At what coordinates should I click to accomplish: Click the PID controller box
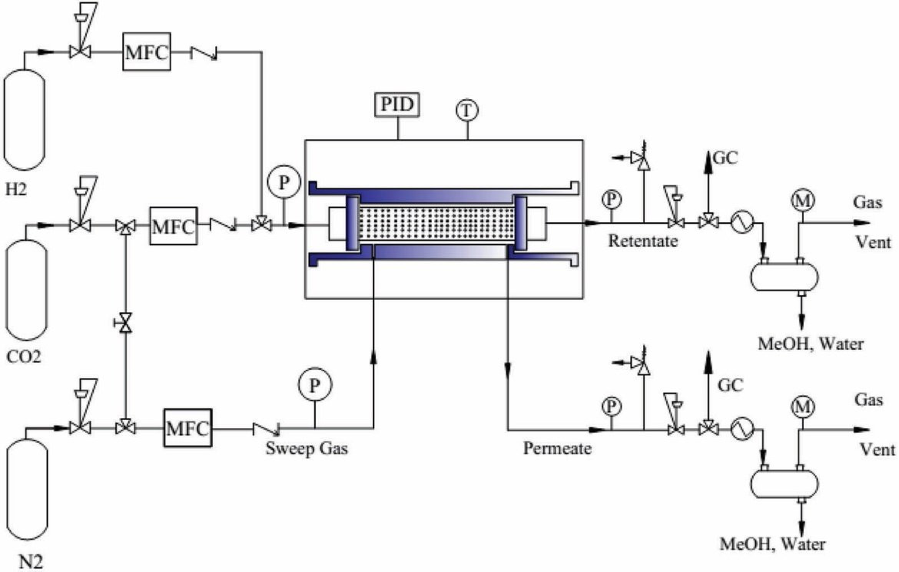pyautogui.click(x=397, y=105)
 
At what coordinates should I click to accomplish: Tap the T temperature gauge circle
pyautogui.click(x=467, y=110)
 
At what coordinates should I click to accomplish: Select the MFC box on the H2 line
pyautogui.click(x=147, y=52)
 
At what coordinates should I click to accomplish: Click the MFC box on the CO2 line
pyautogui.click(x=174, y=226)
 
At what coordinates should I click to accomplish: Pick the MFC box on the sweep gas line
pyautogui.click(x=188, y=428)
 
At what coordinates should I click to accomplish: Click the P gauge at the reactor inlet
pyautogui.click(x=284, y=183)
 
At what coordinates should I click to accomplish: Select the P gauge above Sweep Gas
pyautogui.click(x=315, y=384)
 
